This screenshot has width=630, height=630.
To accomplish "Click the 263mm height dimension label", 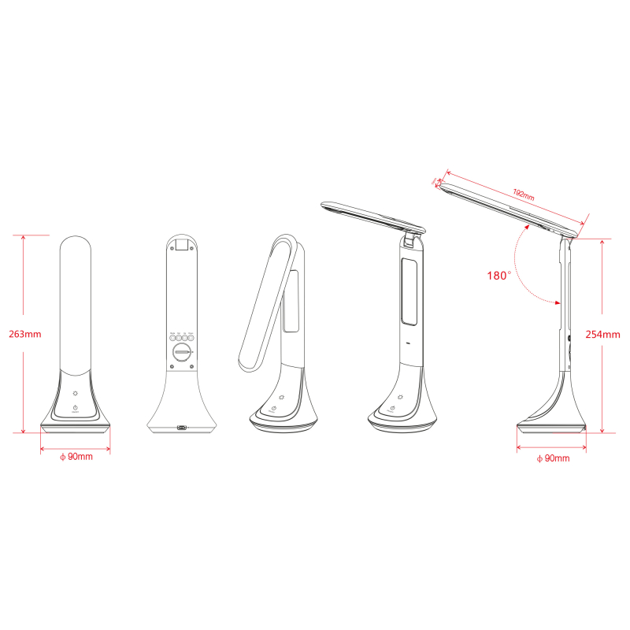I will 24,334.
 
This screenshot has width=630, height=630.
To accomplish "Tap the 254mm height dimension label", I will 604,334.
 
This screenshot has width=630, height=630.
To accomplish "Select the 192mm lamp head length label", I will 523,194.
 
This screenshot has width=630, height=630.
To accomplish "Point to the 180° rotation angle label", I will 499,276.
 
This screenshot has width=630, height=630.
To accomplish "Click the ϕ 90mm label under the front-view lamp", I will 76,457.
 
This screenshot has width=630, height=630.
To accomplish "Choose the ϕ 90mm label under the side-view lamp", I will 552,458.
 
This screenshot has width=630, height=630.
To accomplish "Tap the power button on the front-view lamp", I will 75,408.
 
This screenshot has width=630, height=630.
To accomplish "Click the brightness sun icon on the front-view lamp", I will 75,393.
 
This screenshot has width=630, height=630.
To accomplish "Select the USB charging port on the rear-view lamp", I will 183,428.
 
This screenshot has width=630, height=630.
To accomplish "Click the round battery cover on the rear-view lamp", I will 183,352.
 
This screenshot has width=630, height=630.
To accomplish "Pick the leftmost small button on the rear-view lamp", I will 173,338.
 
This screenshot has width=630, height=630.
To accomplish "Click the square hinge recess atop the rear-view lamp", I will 183,246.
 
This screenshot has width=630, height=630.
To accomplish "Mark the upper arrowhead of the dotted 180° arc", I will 526,225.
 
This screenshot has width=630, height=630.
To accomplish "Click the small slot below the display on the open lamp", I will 408,344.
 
